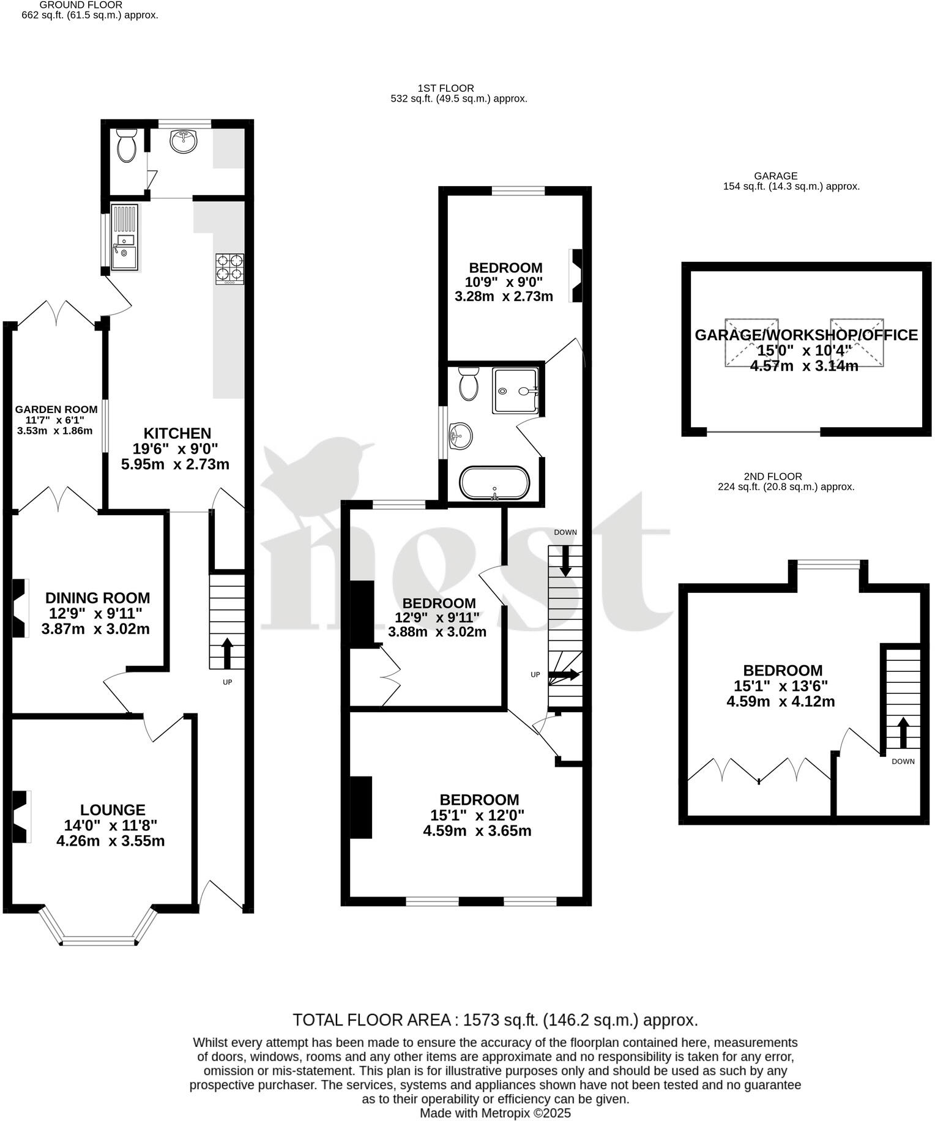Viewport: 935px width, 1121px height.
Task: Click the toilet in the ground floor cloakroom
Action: tap(127, 145)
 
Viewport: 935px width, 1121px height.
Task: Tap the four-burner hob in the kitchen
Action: tap(229, 269)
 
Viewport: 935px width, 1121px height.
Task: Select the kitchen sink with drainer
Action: tap(125, 237)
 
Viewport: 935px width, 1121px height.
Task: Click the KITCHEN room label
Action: tap(177, 433)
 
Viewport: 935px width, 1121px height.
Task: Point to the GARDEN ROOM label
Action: tap(56, 409)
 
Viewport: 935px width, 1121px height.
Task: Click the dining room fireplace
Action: tap(20, 608)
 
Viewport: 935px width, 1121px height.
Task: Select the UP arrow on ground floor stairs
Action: tap(227, 653)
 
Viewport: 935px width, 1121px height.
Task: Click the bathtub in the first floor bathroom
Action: tap(494, 483)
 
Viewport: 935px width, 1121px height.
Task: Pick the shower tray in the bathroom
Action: tap(516, 390)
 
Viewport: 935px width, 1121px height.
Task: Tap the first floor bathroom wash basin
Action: tap(460, 436)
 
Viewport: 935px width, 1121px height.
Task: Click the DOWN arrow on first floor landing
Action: tap(565, 559)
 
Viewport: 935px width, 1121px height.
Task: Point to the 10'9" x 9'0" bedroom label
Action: tap(505, 281)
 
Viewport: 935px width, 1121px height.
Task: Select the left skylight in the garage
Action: tap(751, 342)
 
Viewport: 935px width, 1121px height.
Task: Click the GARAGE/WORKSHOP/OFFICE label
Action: tap(806, 335)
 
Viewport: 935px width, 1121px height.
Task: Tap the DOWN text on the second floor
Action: tap(903, 761)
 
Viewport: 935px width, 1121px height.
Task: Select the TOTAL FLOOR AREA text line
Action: tap(494, 1020)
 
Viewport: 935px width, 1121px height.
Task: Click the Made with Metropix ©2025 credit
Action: tap(494, 1112)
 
